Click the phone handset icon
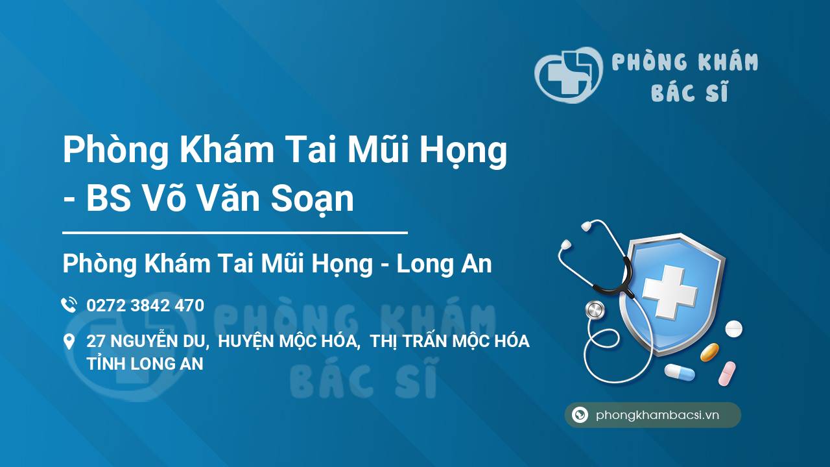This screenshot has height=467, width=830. pyautogui.click(x=69, y=305)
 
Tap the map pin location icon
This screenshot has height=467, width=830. pyautogui.click(x=69, y=342)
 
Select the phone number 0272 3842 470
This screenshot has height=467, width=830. pyautogui.click(x=145, y=305)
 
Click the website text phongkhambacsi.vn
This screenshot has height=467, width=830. pyautogui.click(x=658, y=414)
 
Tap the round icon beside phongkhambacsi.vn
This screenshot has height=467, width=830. pyautogui.click(x=580, y=414)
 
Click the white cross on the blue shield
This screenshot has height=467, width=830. pyautogui.click(x=670, y=292)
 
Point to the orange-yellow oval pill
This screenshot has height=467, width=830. pyautogui.click(x=709, y=352)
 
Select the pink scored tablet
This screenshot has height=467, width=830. pyautogui.click(x=727, y=374)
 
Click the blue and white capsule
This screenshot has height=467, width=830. pyautogui.click(x=680, y=372)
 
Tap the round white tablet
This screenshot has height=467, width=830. pyautogui.click(x=733, y=329)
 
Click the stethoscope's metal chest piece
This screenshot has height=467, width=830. pyautogui.click(x=595, y=310)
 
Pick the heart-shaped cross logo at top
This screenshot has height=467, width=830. pyautogui.click(x=569, y=75)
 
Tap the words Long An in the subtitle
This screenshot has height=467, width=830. pyautogui.click(x=444, y=263)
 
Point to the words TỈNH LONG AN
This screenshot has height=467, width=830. pyautogui.click(x=145, y=364)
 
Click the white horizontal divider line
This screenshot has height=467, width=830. pyautogui.click(x=235, y=233)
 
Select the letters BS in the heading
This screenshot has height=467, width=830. pyautogui.click(x=108, y=198)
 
